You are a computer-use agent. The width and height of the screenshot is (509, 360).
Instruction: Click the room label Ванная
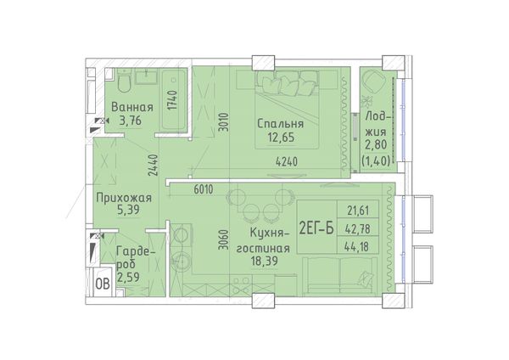(132, 107)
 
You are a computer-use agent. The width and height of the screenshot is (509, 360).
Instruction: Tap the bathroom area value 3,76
(131, 121)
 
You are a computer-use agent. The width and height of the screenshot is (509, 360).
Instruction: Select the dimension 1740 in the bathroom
(173, 99)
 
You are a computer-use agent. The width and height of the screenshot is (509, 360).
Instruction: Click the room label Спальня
(281, 124)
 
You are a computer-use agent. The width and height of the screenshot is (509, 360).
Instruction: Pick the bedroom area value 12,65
(281, 138)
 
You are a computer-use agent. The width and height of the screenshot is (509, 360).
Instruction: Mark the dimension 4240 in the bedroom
(287, 161)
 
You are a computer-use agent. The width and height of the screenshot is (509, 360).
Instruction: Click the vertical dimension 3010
(224, 122)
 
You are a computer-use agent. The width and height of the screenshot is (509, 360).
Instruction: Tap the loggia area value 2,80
(376, 144)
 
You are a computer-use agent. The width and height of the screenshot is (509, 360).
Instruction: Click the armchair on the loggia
(373, 81)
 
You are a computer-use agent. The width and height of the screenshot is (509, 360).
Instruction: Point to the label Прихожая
(124, 198)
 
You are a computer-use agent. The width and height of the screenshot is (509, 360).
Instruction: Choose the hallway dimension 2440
(153, 165)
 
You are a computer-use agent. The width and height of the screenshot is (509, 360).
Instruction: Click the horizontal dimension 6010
(204, 189)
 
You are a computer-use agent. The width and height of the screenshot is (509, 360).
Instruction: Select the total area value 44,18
(358, 247)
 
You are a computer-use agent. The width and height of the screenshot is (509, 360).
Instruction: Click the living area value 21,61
(358, 211)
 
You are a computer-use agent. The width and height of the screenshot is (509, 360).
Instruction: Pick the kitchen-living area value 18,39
(264, 261)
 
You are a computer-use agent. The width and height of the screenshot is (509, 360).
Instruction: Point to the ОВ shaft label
(103, 284)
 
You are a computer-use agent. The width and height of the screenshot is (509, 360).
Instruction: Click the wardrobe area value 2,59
(128, 277)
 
